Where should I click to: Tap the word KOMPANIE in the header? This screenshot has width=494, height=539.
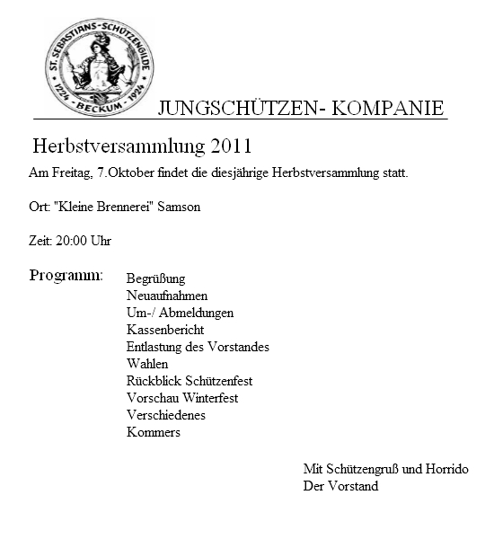point(389,109)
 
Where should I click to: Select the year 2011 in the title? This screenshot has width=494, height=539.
point(232,146)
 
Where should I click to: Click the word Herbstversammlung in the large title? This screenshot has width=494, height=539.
point(119,146)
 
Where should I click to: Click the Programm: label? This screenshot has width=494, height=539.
point(66,274)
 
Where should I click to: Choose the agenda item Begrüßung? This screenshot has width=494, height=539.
point(156,279)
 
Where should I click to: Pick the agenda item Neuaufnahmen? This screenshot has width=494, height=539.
point(167,296)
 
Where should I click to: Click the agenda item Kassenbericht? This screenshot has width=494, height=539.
point(165,330)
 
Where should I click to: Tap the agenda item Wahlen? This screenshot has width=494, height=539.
point(147,364)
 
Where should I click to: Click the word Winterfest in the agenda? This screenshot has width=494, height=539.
point(207,398)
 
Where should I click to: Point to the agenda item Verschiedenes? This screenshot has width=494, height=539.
point(166,415)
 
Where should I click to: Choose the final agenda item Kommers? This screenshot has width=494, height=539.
point(154,432)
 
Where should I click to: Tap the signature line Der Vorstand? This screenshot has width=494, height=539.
point(340,486)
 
